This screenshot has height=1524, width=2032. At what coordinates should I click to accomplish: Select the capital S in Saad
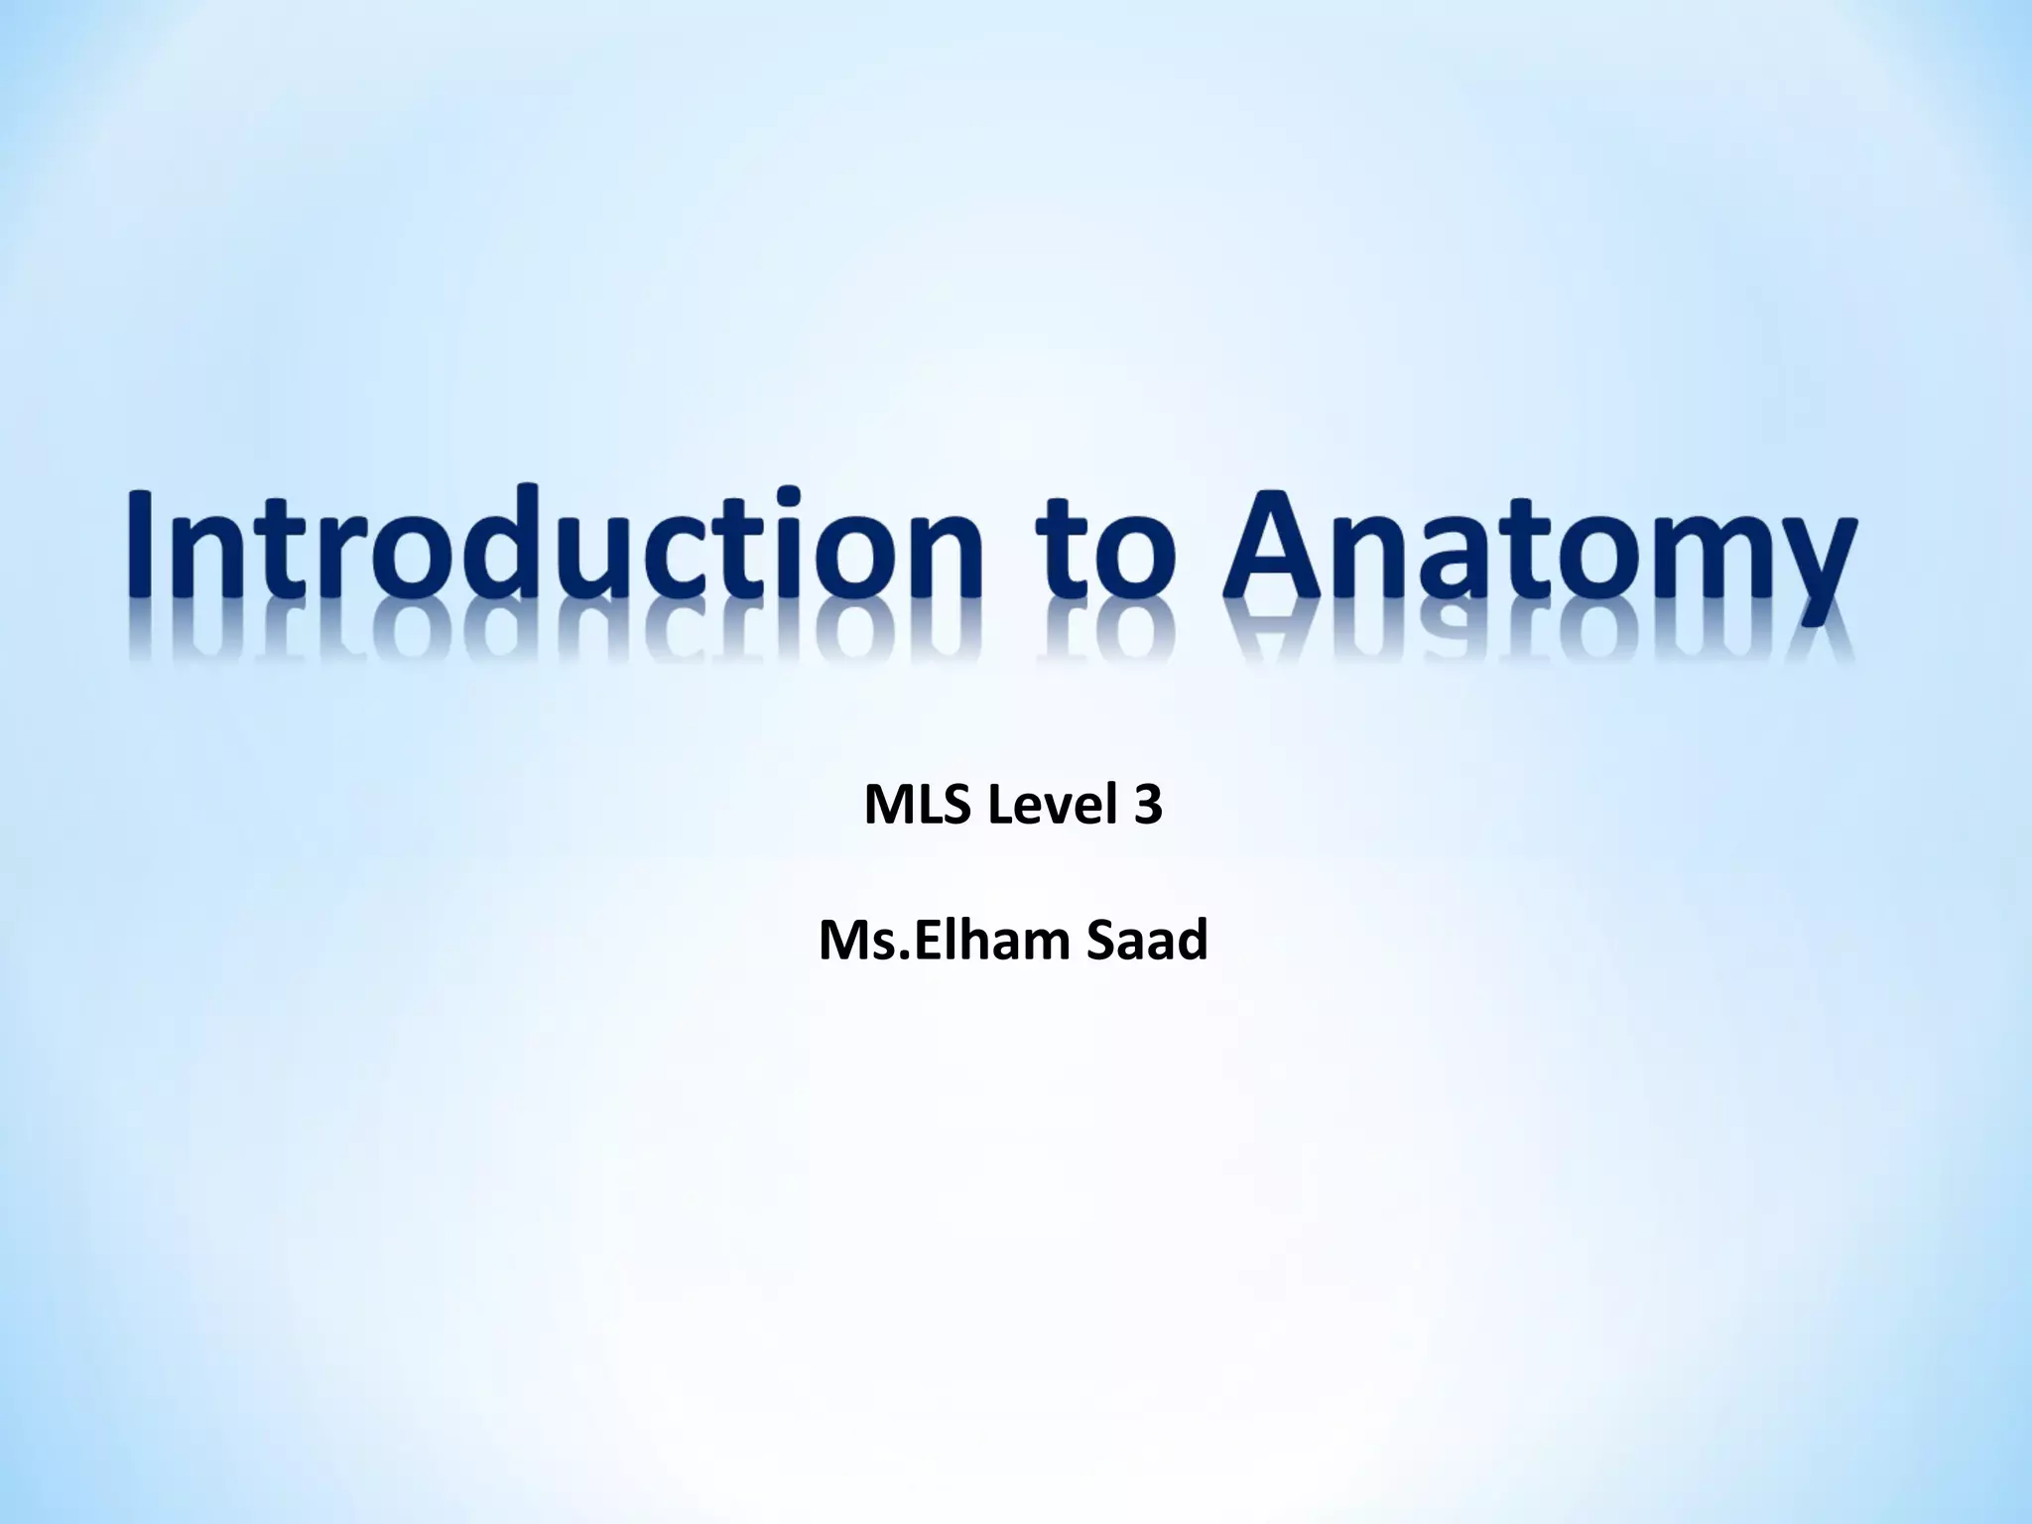(x=1101, y=941)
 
